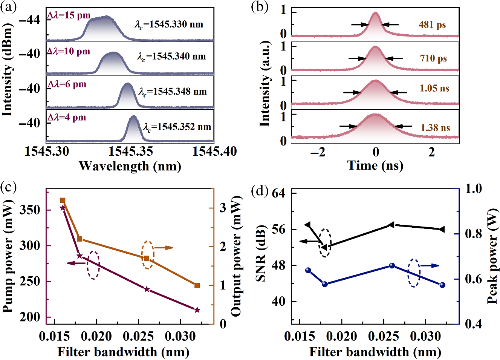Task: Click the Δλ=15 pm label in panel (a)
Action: pyautogui.click(x=69, y=15)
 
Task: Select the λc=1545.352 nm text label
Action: pyautogui.click(x=177, y=127)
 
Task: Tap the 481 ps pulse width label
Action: pyautogui.click(x=432, y=25)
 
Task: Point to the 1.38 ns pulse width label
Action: pyautogui.click(x=435, y=128)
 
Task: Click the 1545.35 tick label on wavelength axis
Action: pyautogui.click(x=130, y=152)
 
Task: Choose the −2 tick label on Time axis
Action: pyautogui.click(x=318, y=152)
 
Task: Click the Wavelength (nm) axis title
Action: pyautogui.click(x=130, y=166)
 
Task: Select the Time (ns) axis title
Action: pyautogui.click(x=375, y=165)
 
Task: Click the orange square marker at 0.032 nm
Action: pyautogui.click(x=197, y=285)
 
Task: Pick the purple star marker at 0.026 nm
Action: pyautogui.click(x=147, y=289)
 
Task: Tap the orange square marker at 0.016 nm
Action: pyautogui.click(x=63, y=200)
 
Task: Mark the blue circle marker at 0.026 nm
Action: pyautogui.click(x=392, y=266)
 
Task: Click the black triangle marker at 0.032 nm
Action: pyautogui.click(x=442, y=229)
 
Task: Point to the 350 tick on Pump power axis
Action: pyautogui.click(x=30, y=210)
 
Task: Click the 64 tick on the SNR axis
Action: pyautogui.click(x=278, y=193)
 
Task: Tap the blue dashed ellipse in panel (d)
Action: pyautogui.click(x=414, y=273)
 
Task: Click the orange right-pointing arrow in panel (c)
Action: pyautogui.click(x=164, y=248)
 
